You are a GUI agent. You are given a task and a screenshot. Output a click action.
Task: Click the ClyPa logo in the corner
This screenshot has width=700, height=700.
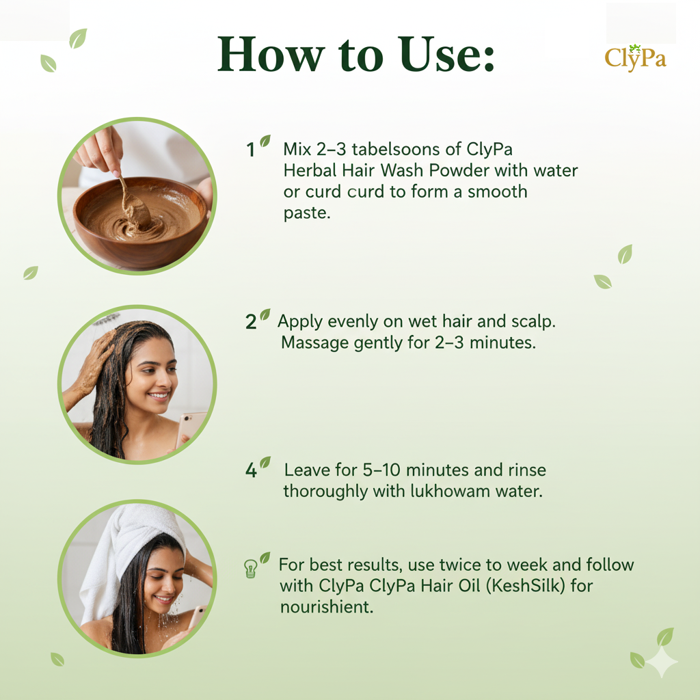click(635, 58)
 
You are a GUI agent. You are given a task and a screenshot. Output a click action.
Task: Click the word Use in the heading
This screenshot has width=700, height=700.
click(447, 54)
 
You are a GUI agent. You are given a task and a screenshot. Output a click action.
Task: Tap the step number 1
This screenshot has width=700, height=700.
click(250, 150)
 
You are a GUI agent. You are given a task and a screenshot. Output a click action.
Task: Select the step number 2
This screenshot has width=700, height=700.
click(251, 322)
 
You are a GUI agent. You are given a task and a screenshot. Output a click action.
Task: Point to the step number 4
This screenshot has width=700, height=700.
click(251, 470)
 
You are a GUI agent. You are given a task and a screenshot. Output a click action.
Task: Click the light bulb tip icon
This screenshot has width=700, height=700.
click(250, 569)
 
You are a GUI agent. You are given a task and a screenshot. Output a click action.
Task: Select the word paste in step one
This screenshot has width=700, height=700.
click(307, 213)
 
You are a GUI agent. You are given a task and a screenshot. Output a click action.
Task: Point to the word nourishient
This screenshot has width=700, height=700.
click(326, 607)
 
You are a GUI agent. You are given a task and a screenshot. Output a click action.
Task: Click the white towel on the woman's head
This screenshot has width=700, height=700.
click(129, 554)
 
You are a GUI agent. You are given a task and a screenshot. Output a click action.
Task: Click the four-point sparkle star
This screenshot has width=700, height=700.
click(662, 662)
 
